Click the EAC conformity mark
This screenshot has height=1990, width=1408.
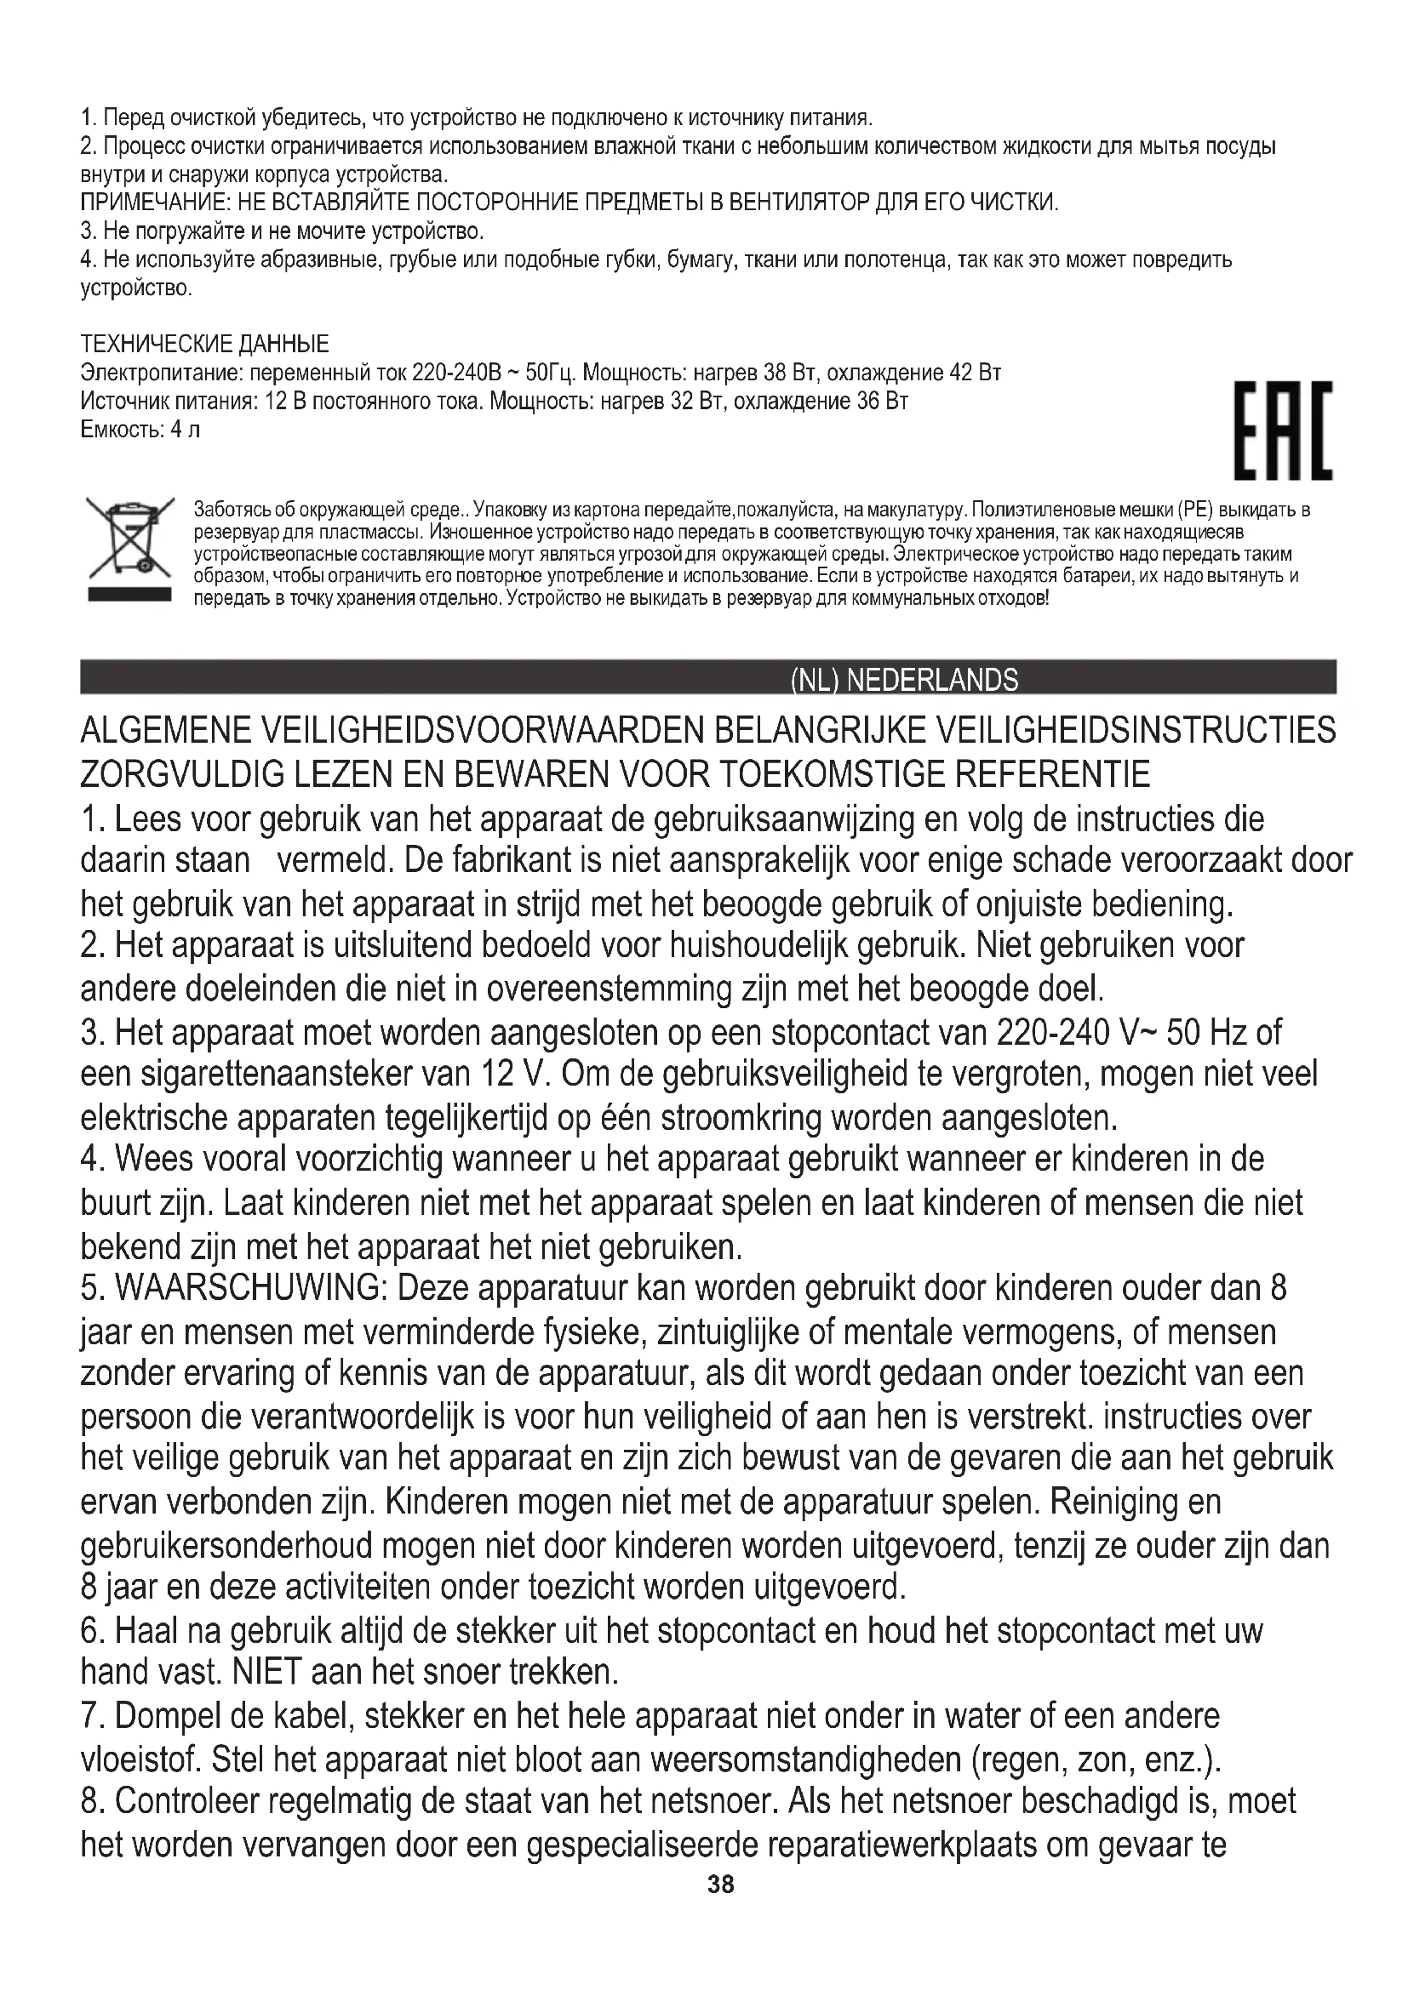pos(1283,431)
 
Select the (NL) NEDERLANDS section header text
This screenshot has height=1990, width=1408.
pos(904,681)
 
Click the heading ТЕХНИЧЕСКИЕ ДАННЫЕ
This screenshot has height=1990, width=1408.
pos(204,344)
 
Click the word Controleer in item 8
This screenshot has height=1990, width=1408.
pos(186,1801)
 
